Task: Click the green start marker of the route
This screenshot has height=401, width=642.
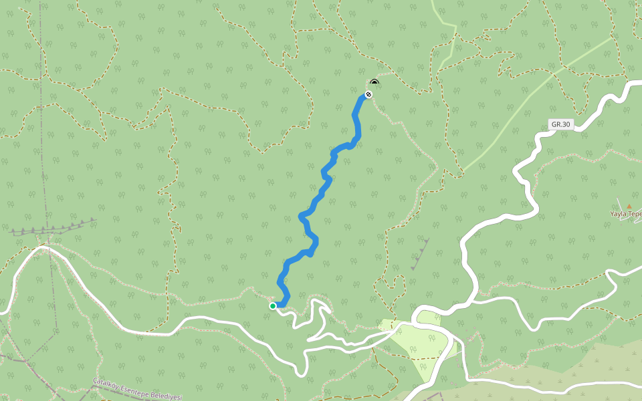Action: [x=273, y=306]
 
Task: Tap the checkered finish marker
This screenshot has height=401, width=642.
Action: [x=368, y=94]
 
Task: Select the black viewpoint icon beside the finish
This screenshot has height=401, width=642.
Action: [x=374, y=83]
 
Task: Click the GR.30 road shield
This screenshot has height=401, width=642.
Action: [x=560, y=124]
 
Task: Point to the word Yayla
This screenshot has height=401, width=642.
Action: [x=620, y=214]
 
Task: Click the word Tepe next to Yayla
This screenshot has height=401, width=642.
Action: [x=636, y=214]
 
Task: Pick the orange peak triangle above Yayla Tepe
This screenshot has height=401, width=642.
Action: [x=629, y=206]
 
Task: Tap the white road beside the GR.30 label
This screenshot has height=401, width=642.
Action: [x=535, y=144]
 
